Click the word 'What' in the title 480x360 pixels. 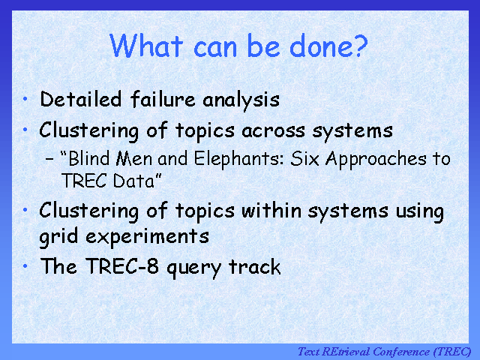pyautogui.click(x=146, y=45)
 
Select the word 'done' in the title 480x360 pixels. pyautogui.click(x=321, y=46)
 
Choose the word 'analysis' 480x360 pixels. pyautogui.click(x=241, y=100)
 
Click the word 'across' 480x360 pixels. pyautogui.click(x=273, y=131)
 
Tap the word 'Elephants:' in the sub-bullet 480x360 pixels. pyautogui.click(x=239, y=159)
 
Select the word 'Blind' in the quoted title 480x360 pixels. pyautogui.click(x=88, y=158)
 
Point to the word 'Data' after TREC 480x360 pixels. pyautogui.click(x=133, y=181)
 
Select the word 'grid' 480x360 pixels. pyautogui.click(x=58, y=237)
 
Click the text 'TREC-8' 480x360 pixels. pyautogui.click(x=122, y=265)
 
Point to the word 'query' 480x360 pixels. pyautogui.click(x=193, y=268)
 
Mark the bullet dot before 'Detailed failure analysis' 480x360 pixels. pyautogui.click(x=25, y=98)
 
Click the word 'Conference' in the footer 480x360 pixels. pyautogui.click(x=401, y=352)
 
